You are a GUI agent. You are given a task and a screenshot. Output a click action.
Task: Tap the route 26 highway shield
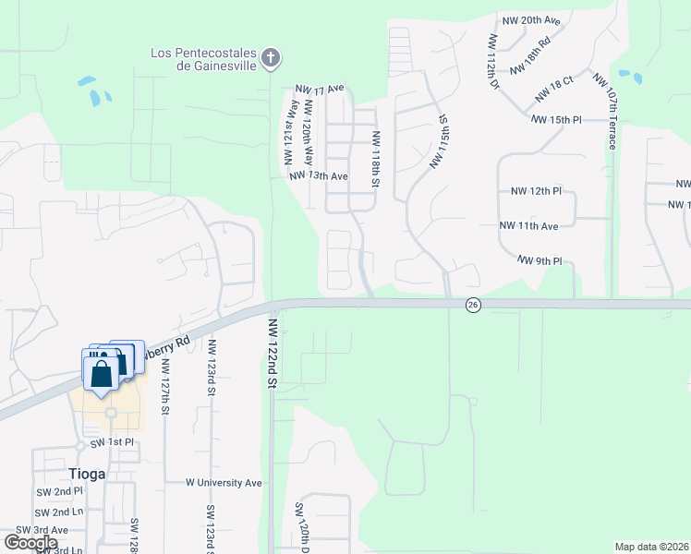click(x=472, y=306)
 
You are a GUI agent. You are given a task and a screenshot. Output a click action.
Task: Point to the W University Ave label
click(x=224, y=483)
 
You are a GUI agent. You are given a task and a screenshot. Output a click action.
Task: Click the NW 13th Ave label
click(x=318, y=176)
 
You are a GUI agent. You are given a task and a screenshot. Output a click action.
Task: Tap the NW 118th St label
click(x=376, y=158)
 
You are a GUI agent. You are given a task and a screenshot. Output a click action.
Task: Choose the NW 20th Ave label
click(x=532, y=20)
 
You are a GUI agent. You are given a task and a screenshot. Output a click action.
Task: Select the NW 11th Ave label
click(x=528, y=225)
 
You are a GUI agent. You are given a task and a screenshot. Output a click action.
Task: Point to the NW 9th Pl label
click(x=539, y=260)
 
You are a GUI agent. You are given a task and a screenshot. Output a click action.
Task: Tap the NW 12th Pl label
click(x=536, y=191)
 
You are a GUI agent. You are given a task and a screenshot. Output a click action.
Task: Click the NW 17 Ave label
click(x=320, y=89)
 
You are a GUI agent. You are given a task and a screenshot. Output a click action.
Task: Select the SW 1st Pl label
click(x=112, y=443)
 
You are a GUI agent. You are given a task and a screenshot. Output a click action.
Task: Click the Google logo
click(x=30, y=543)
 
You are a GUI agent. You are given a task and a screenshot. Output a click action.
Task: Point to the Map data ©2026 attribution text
click(x=652, y=547)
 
